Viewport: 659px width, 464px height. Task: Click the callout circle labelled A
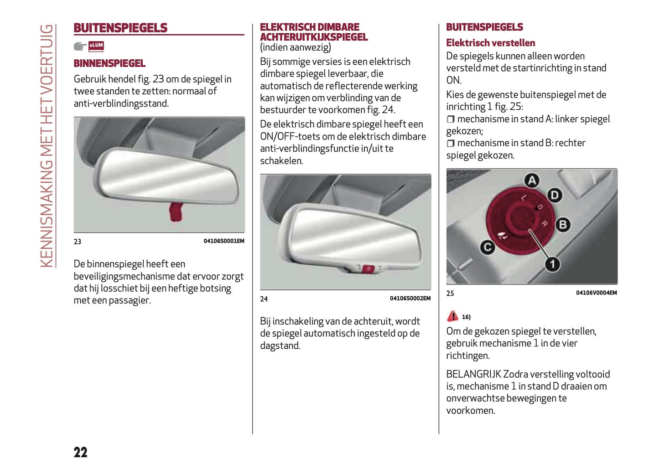point(532,180)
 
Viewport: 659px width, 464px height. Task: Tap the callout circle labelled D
point(555,196)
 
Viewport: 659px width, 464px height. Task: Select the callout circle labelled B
point(563,224)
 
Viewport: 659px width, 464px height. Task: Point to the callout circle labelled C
point(487,247)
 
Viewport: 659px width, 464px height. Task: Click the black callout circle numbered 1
point(552,264)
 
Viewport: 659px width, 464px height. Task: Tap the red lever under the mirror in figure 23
point(176,212)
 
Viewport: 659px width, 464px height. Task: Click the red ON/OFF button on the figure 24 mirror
point(368,268)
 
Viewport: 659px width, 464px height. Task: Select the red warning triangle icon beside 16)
point(452,316)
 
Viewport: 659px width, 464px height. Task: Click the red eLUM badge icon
point(96,46)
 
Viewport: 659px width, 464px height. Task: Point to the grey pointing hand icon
point(80,46)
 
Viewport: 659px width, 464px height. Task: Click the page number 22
point(80,452)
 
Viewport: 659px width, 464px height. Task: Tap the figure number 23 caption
point(78,242)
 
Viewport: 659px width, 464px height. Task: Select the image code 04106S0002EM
point(410,299)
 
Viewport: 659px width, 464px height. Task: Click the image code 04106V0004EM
point(596,293)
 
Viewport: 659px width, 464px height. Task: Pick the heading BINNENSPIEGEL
point(109,63)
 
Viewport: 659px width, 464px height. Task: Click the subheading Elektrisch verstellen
point(490,43)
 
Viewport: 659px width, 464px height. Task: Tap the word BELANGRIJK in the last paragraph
point(473,374)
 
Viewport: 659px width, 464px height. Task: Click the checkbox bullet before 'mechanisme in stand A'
point(451,119)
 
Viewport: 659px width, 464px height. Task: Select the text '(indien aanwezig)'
point(296,47)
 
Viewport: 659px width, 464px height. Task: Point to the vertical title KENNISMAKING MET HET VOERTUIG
point(47,146)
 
